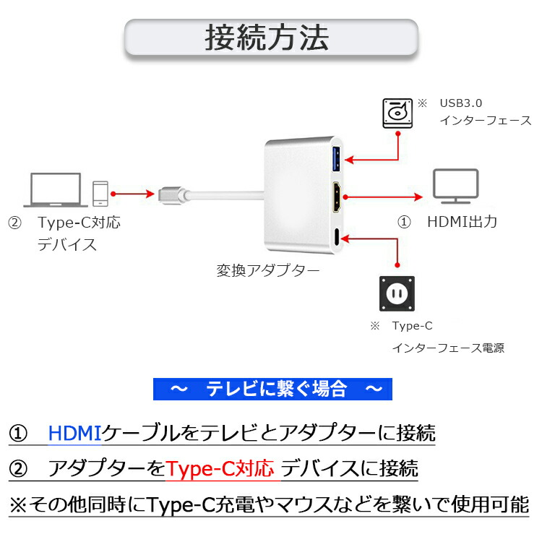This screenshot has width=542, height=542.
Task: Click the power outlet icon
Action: pyautogui.click(x=397, y=293)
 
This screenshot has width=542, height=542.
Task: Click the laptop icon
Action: pyautogui.click(x=56, y=189)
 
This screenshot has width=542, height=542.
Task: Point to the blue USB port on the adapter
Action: pyautogui.click(x=336, y=158)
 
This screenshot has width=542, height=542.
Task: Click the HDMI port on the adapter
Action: pyautogui.click(x=337, y=197)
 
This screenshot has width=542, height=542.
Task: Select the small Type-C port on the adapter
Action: pyautogui.click(x=338, y=236)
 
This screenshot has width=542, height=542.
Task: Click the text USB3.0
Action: pyautogui.click(x=461, y=102)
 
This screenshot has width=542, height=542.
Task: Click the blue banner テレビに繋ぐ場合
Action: pyautogui.click(x=273, y=390)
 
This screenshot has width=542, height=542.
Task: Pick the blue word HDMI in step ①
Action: pyautogui.click(x=75, y=434)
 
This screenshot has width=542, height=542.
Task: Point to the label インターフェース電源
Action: pyautogui.click(x=448, y=348)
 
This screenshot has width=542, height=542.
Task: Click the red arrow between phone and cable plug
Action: pyautogui.click(x=133, y=194)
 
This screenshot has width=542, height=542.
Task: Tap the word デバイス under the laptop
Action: pyautogui.click(x=67, y=244)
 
